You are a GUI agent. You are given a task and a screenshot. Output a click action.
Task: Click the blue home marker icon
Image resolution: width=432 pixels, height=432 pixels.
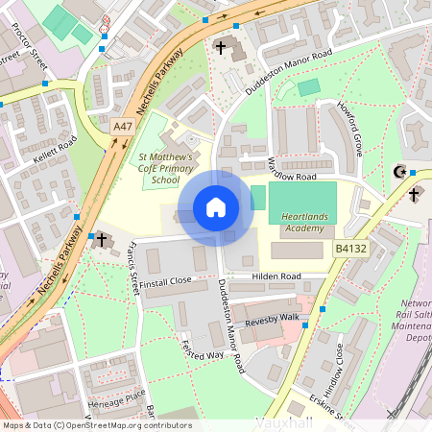point(216,207)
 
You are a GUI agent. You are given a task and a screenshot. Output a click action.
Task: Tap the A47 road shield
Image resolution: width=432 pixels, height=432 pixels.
point(122,126)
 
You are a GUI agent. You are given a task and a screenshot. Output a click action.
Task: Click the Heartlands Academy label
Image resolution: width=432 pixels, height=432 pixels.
point(304,223)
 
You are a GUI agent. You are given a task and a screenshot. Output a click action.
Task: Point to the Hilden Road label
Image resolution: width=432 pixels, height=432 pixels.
point(276,276)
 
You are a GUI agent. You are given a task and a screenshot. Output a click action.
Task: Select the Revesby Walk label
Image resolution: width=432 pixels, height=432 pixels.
point(272,319)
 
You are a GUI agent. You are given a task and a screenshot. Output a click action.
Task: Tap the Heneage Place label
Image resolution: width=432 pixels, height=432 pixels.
point(113,396)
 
